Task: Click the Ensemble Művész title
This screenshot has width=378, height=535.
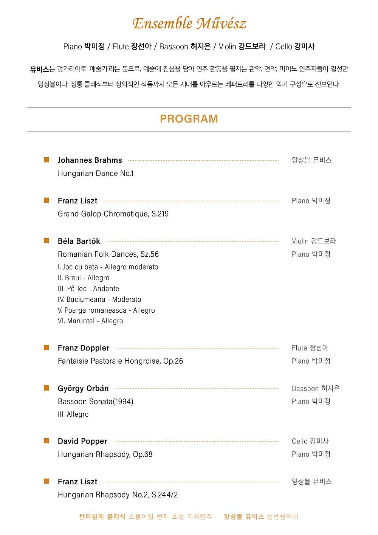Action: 189,23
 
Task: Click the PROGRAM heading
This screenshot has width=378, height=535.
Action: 189,119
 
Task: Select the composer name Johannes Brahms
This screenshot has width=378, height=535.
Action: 90,160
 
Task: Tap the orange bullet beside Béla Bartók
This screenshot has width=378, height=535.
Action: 46,241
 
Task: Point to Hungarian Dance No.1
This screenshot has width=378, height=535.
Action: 96,174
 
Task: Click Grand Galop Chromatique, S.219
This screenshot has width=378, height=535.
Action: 113,214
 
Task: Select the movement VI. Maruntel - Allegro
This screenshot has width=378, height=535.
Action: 90,321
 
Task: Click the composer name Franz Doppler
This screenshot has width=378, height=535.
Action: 84,348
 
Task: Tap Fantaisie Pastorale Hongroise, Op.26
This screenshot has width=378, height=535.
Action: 120,361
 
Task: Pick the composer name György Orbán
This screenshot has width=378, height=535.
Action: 83,388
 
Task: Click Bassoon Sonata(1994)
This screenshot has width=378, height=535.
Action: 96,402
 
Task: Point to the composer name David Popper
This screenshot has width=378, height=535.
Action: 82,441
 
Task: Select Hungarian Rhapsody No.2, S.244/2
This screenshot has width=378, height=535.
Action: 118,495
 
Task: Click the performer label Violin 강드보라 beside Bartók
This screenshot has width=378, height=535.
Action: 314,241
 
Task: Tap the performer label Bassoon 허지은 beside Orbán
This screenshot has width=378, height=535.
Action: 316,388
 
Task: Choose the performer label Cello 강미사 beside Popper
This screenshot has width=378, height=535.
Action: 310,441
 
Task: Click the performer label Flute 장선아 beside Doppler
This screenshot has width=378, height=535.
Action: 310,348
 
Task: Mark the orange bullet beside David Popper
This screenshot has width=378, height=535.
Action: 46,441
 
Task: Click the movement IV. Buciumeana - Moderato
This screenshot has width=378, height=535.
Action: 99,299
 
